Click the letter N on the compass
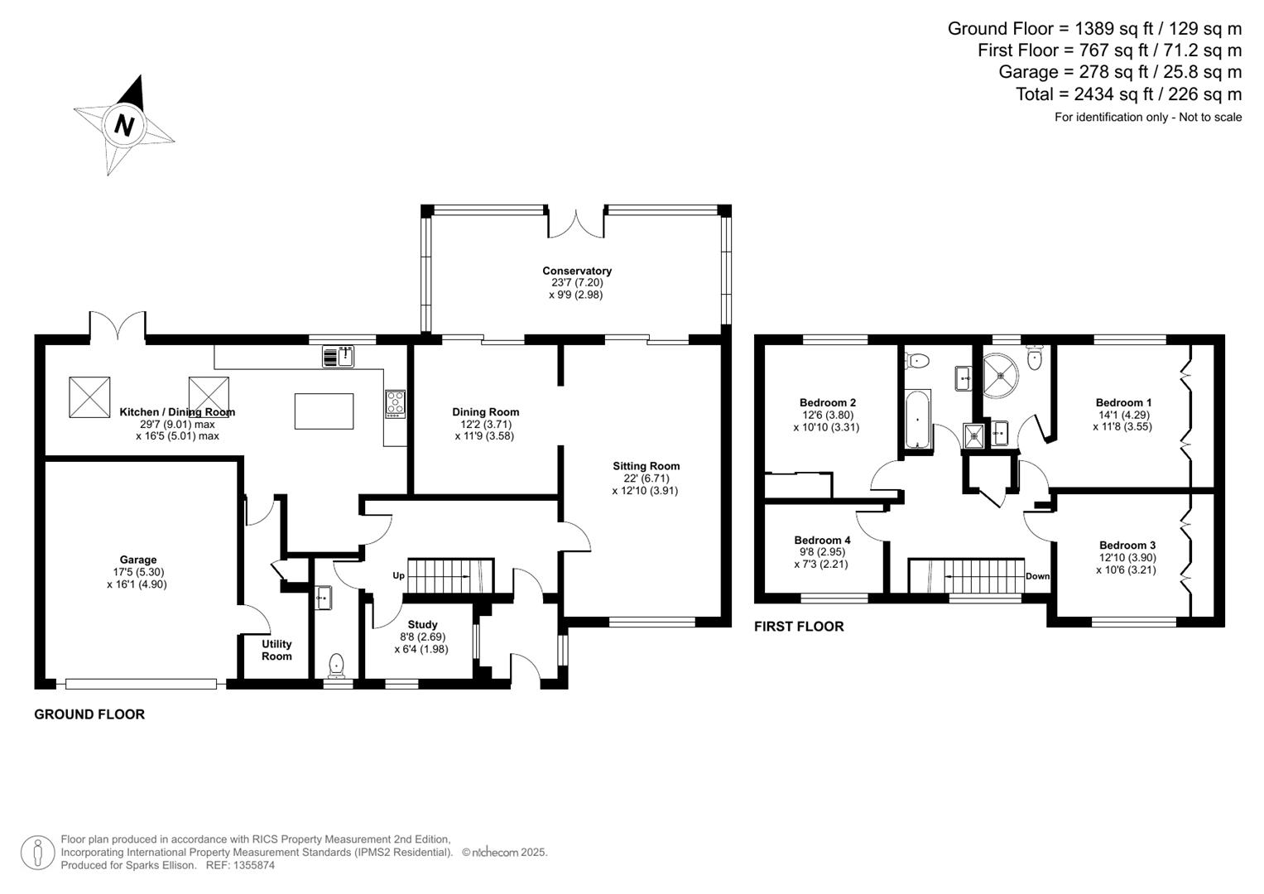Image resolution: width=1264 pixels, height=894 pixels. coord(124,126)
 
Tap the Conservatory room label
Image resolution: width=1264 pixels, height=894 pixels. coord(577,271)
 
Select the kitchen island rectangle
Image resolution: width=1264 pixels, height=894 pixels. coord(324,411)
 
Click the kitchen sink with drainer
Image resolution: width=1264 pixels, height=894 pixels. coord(338,357)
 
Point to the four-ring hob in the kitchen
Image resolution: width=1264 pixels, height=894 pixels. coord(395,403)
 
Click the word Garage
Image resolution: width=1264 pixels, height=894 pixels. coord(137,560)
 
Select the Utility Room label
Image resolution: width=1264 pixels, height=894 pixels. coord(276,650)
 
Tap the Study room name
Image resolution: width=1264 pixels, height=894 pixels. coord(422,624)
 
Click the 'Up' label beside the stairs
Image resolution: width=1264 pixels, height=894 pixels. coord(398,575)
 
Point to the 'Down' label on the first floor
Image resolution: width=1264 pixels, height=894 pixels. coord(1037,576)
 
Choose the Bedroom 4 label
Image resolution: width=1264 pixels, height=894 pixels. coord(822,540)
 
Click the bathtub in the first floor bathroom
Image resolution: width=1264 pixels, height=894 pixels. coord(918,420)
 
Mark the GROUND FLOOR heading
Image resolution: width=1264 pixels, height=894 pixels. coord(89,714)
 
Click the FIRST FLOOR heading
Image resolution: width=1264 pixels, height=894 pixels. coord(799,627)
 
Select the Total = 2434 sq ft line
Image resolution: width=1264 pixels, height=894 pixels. coord(1128,94)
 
